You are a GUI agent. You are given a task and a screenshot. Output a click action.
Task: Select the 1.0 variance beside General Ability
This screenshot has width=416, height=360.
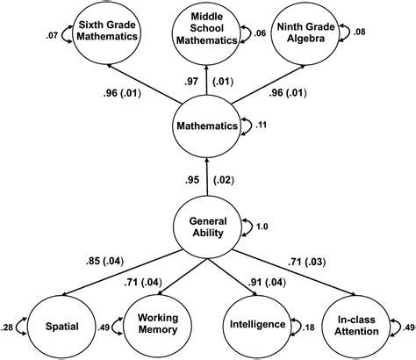(x=261, y=226)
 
